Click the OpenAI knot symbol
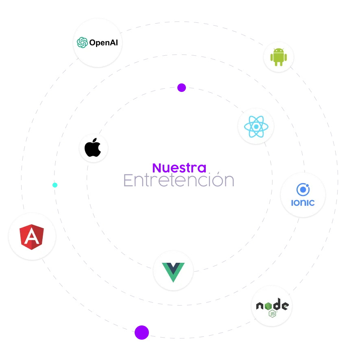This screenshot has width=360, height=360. pyautogui.click(x=82, y=42)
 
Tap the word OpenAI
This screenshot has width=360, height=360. pyautogui.click(x=104, y=43)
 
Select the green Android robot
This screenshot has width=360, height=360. pyautogui.click(x=279, y=57)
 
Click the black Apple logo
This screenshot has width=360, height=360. pyautogui.click(x=93, y=147)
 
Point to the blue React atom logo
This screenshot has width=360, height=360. pyautogui.click(x=256, y=127)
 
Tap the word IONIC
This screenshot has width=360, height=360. pyautogui.click(x=303, y=203)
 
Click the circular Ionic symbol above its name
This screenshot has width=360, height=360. pyautogui.click(x=303, y=190)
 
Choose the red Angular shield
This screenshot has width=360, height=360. pyautogui.click(x=32, y=237)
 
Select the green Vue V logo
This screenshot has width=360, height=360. pyautogui.click(x=173, y=272)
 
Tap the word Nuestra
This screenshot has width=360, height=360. pyautogui.click(x=179, y=168)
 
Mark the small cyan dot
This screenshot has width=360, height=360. pyautogui.click(x=55, y=185)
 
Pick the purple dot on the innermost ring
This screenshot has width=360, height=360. pyautogui.click(x=181, y=87)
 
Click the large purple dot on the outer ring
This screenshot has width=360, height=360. pyautogui.click(x=142, y=332)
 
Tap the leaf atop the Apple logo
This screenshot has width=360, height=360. pyautogui.click(x=95, y=140)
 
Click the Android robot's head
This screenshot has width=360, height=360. pyautogui.click(x=279, y=51)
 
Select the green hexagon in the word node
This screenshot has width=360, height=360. pyautogui.click(x=268, y=306)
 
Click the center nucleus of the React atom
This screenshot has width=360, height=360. pyautogui.click(x=256, y=127)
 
